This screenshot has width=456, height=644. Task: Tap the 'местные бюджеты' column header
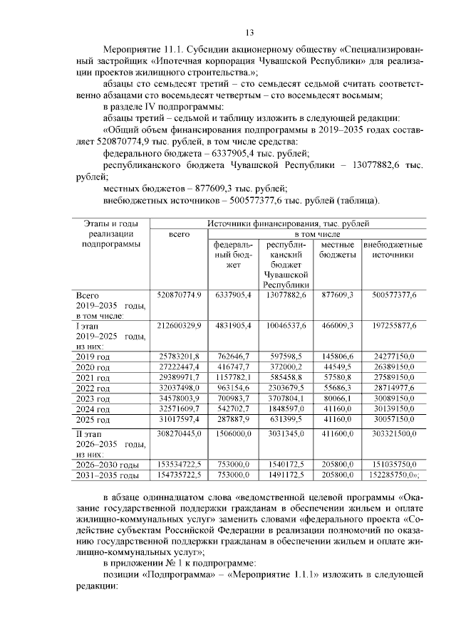point(337,249)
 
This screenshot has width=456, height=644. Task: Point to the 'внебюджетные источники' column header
point(393,249)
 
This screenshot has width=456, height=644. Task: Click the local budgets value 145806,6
point(337,357)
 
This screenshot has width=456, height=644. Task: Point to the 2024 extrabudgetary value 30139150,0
point(393,410)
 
